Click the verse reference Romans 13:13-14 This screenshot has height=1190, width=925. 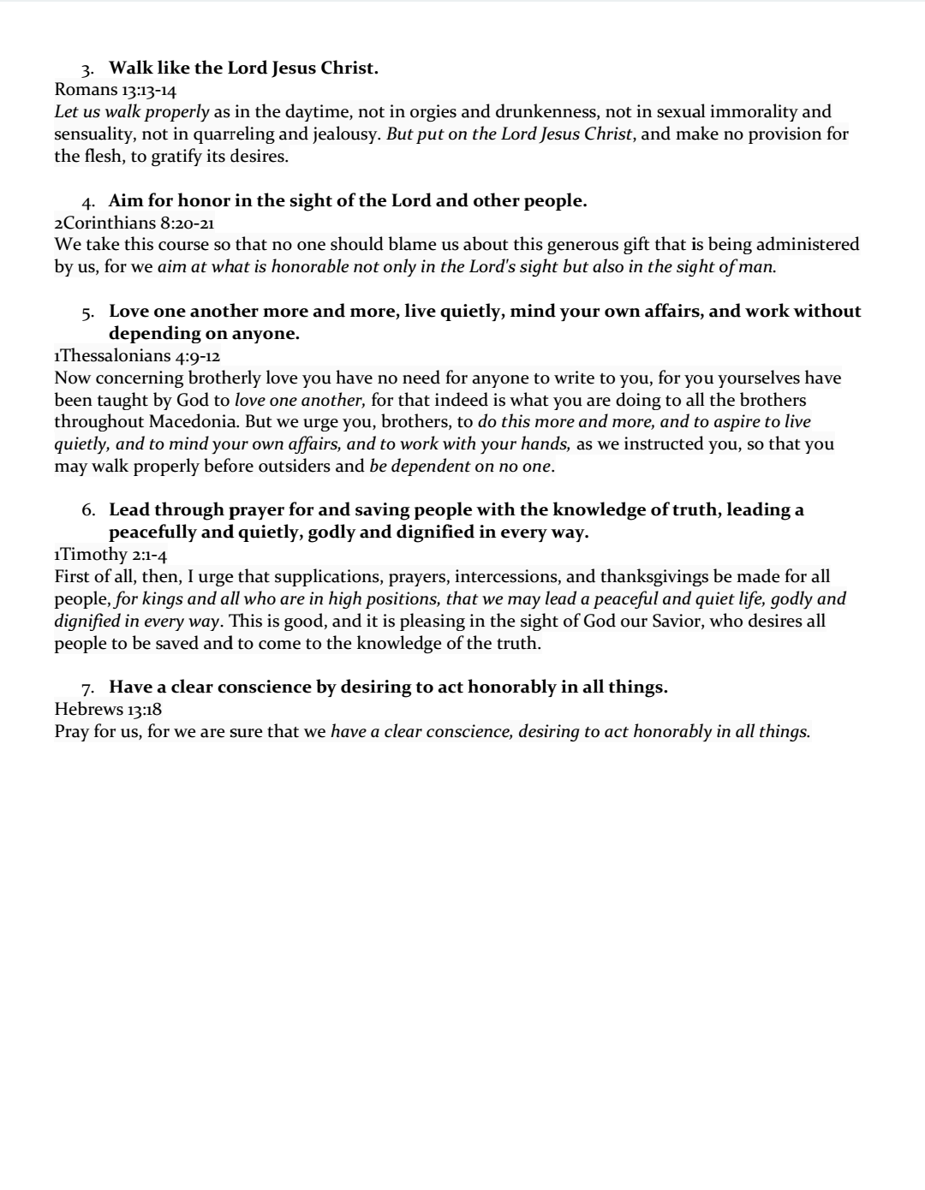[115, 90]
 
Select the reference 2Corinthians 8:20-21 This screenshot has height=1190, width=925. [134, 223]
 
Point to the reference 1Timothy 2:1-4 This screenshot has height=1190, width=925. [110, 555]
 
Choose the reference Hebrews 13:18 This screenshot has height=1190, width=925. [108, 709]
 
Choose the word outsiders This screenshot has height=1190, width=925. [291, 467]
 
